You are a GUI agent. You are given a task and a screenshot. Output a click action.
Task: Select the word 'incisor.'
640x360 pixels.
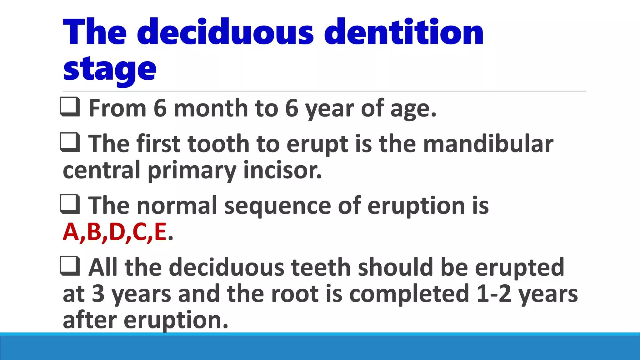click(282, 171)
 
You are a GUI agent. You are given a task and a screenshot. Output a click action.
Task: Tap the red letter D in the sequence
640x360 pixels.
click(117, 232)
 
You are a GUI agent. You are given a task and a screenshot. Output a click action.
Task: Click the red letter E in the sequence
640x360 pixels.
click(160, 232)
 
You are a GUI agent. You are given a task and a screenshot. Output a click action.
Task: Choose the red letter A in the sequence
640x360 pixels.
click(71, 232)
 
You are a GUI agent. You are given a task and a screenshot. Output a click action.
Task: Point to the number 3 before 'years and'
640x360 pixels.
click(98, 294)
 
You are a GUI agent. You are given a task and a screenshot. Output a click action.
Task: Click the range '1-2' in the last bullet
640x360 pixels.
click(494, 294)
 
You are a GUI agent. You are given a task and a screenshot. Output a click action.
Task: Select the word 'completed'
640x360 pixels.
click(409, 294)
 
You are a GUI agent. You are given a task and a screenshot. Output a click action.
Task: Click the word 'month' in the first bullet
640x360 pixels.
click(211, 108)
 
